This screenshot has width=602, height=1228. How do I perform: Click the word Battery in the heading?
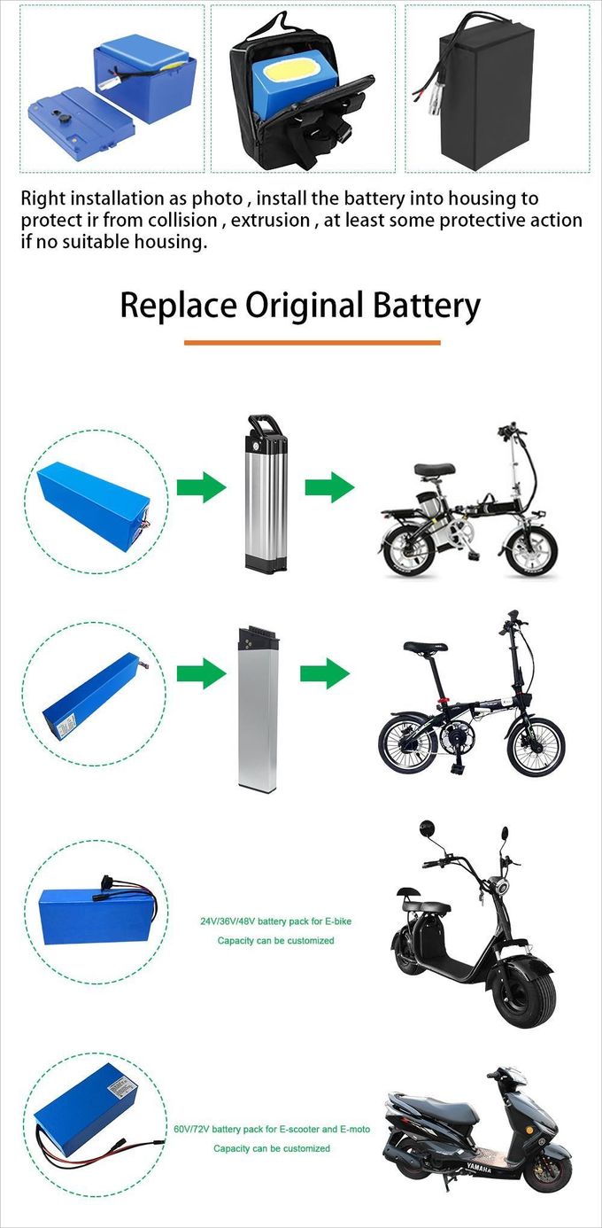[424, 306]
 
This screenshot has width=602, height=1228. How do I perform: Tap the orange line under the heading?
[312, 342]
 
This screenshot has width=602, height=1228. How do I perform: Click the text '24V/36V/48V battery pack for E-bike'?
[275, 921]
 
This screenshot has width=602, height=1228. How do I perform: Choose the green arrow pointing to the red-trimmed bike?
[324, 673]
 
